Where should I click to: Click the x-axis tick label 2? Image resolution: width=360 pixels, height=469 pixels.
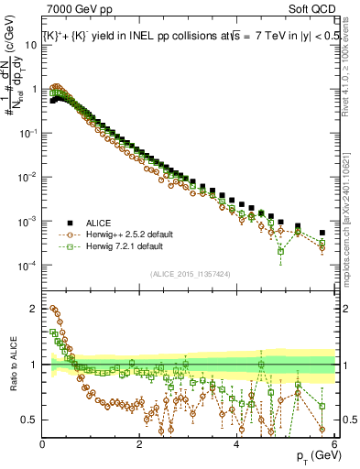point(139,444)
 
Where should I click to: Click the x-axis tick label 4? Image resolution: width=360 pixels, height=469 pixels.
point(237,444)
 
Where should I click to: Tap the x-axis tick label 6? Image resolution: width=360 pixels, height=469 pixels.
point(334,444)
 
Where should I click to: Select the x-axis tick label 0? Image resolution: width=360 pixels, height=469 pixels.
point(42,444)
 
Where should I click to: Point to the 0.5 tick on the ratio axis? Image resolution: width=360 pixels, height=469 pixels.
point(29,420)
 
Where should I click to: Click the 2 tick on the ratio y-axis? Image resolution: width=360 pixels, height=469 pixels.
point(34,308)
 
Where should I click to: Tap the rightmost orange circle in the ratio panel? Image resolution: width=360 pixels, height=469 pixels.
point(322,429)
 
